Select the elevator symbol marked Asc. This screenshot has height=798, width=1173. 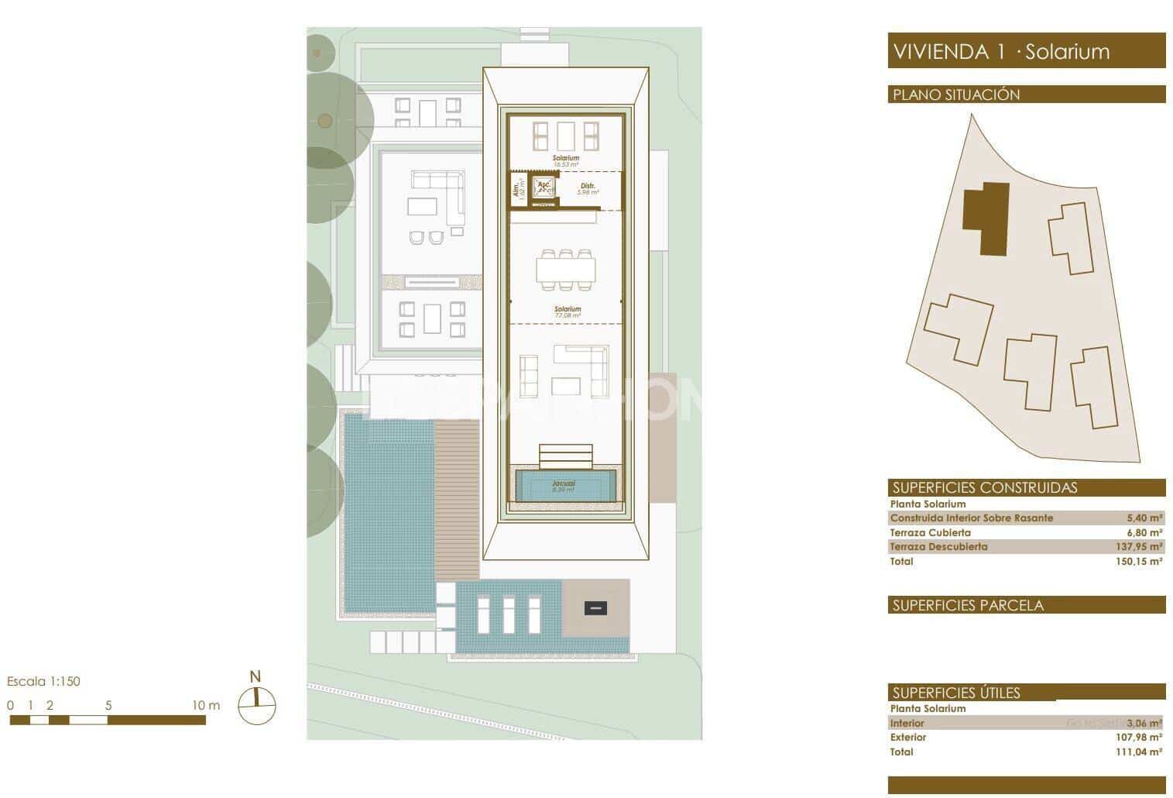[x=544, y=187]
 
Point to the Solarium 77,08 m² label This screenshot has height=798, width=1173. [x=567, y=312]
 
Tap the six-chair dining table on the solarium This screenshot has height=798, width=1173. [x=566, y=269]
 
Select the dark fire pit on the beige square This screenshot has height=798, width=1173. [x=595, y=608]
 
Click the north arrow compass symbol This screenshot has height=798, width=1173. [x=256, y=704]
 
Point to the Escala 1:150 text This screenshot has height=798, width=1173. [x=43, y=682]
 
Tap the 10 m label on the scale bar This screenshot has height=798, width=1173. [x=206, y=705]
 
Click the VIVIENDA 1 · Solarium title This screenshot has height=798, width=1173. [x=1001, y=52]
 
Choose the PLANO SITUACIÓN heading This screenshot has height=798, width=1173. [x=956, y=95]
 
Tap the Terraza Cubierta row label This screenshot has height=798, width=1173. [x=930, y=533]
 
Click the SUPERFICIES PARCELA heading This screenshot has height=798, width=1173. [x=967, y=605]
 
